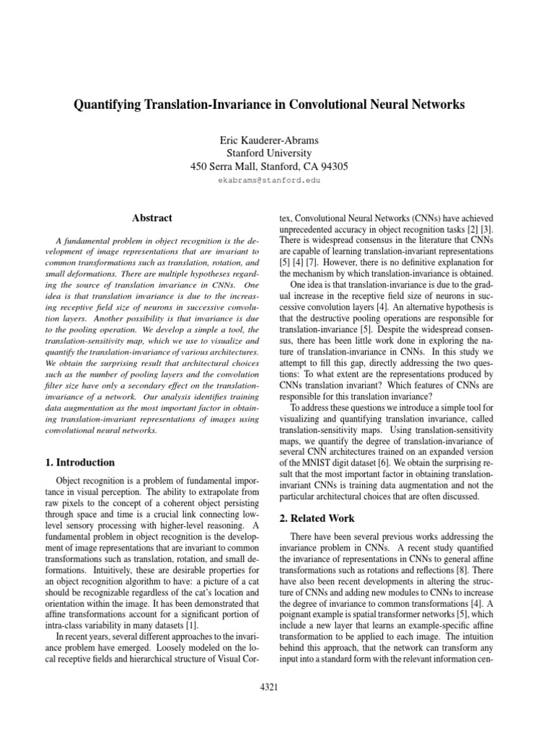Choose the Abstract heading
pyautogui.click(x=152, y=217)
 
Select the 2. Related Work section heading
pyautogui.click(x=318, y=518)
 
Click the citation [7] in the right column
pyautogui.click(x=327, y=262)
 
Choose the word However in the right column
pyautogui.click(x=357, y=262)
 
